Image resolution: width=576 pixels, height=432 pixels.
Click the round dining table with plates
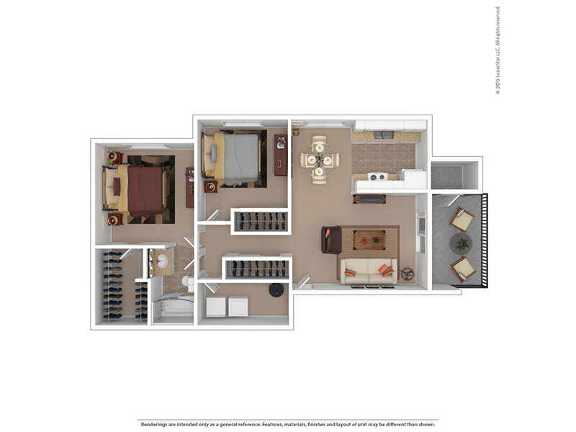point(320,160)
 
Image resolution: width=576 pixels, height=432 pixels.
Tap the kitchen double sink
point(384,135)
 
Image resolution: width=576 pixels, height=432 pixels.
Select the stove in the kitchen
point(378,177)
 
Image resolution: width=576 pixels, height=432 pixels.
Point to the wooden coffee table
point(369,240)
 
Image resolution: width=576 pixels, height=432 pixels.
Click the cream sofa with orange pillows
point(369,271)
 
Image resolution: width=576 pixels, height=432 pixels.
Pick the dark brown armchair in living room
point(331,240)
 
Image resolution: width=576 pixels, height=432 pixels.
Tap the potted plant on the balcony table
point(462,243)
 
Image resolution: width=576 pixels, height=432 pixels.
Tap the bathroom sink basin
point(161,261)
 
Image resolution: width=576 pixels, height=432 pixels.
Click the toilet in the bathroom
point(187,282)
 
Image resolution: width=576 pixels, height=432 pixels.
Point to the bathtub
point(173,308)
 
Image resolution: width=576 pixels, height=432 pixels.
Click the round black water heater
point(276,290)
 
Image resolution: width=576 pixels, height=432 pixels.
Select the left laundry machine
point(216,307)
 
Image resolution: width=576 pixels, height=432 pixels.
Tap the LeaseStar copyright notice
point(498,50)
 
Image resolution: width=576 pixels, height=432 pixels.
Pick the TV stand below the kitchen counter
point(369,199)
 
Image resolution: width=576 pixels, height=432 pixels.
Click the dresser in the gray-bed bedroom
point(281,155)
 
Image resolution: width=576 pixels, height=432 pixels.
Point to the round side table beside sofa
point(407,274)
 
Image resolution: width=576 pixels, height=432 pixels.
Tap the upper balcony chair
point(462,219)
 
